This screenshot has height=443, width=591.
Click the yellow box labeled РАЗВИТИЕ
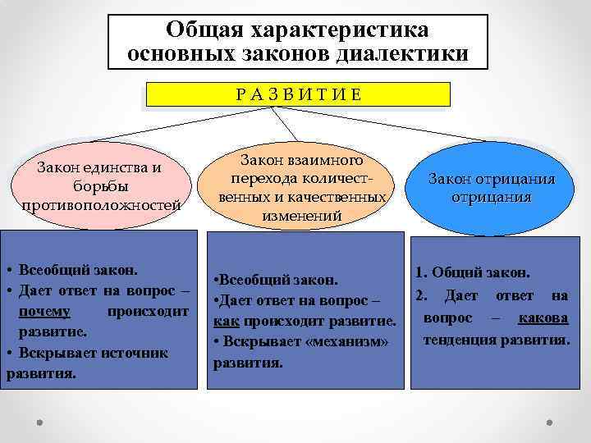coord(297,94)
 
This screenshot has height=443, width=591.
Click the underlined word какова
coord(543,317)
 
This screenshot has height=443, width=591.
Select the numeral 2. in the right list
coord(422,295)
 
